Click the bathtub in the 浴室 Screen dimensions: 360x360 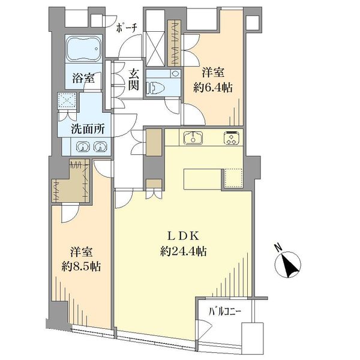click(x=83, y=49)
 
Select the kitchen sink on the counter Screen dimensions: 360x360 click(x=193, y=138)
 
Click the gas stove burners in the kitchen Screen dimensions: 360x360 click(x=231, y=138)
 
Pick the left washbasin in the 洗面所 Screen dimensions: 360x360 click(x=83, y=147)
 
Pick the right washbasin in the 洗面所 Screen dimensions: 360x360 click(x=100, y=147)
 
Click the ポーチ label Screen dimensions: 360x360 click(x=127, y=28)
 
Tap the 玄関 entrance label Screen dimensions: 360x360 click(x=134, y=79)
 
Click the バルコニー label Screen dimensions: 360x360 click(x=225, y=312)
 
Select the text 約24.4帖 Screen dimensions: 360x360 click(x=183, y=251)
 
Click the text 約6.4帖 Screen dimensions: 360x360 click(x=213, y=88)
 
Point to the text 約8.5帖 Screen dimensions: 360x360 click(x=81, y=266)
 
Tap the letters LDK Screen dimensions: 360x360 click(x=183, y=236)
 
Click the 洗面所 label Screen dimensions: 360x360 click(x=88, y=129)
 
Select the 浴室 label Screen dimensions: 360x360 click(x=83, y=78)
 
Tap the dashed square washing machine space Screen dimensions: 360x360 click(x=67, y=100)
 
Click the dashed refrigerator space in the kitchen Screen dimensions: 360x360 click(x=234, y=178)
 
